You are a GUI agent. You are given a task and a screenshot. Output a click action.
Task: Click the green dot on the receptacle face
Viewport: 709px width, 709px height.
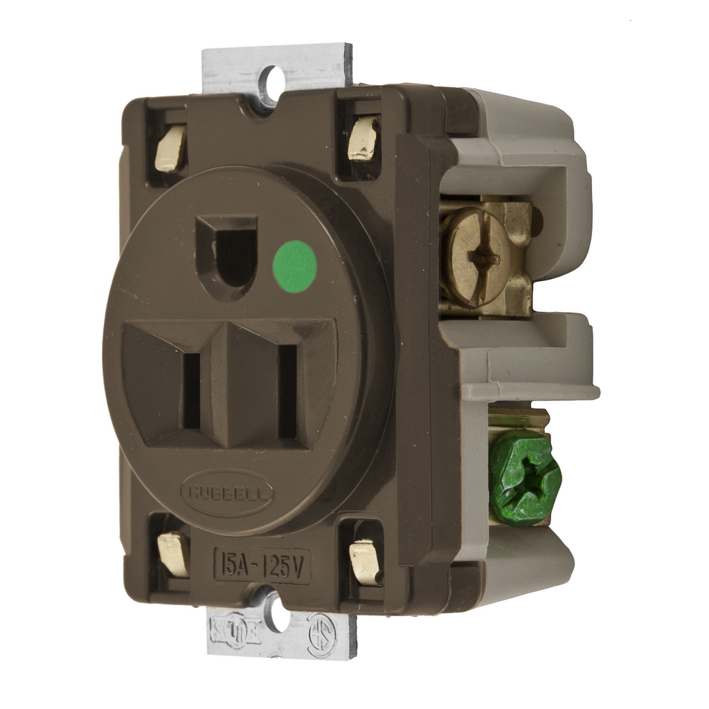295,267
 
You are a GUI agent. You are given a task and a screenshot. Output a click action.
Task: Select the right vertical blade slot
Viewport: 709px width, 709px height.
287,391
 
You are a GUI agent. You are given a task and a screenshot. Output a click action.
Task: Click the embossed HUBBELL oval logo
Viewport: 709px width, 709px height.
227,494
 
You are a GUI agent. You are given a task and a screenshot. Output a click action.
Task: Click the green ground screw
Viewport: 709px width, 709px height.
524,477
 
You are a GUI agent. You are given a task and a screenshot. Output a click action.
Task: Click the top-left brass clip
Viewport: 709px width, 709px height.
170,148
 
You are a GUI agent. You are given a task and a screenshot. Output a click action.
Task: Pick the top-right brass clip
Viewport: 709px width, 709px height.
363,138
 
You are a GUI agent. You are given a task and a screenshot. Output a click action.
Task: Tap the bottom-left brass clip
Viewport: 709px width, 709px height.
173,553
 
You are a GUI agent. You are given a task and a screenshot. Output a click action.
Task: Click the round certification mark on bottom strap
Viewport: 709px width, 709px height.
321,634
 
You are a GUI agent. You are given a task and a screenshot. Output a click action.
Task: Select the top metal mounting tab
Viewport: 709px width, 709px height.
277,66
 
